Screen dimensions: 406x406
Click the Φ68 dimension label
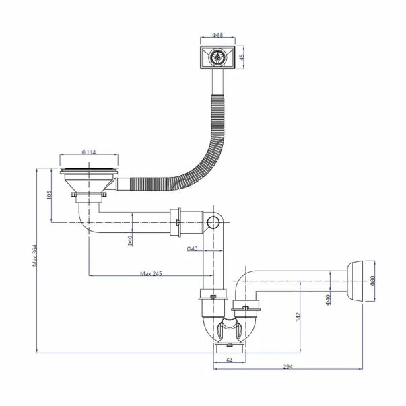click(217, 35)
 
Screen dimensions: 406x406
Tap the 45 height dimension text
click(242, 57)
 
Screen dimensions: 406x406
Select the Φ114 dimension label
click(89, 152)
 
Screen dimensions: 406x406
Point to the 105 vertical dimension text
click(49, 195)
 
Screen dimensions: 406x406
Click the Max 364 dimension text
click(35, 256)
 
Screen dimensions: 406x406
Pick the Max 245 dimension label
click(151, 273)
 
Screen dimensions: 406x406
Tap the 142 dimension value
click(298, 317)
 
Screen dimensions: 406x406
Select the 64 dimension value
click(230, 360)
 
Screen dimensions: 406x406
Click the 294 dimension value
click(287, 367)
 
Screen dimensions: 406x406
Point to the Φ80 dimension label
click(373, 281)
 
